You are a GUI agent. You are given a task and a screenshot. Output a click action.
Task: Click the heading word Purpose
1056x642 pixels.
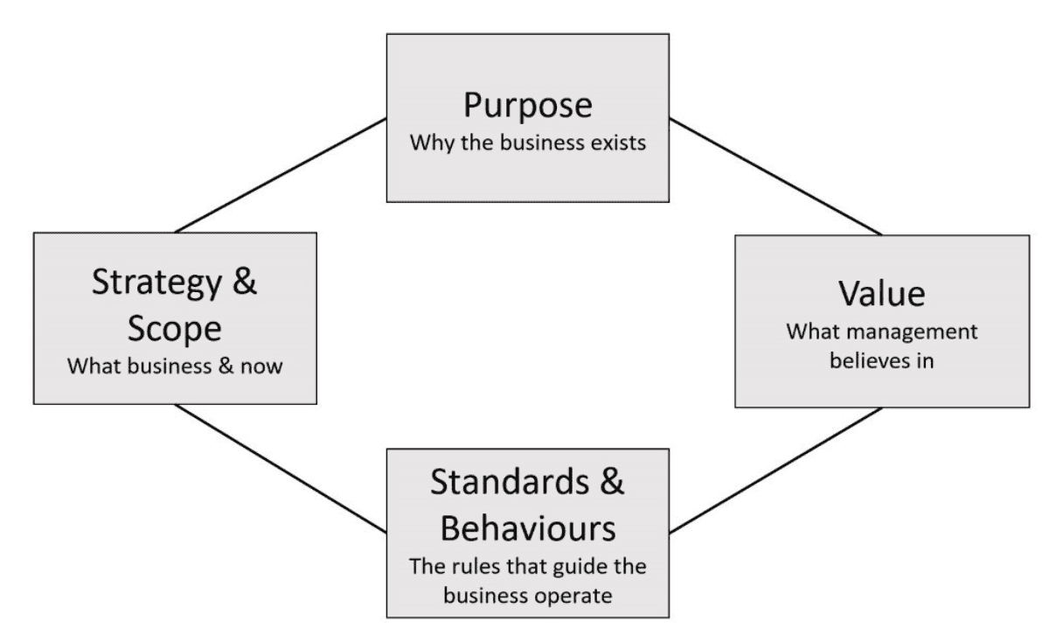[x=527, y=106]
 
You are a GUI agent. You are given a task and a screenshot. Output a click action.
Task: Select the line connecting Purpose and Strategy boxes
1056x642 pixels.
[x=280, y=176]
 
